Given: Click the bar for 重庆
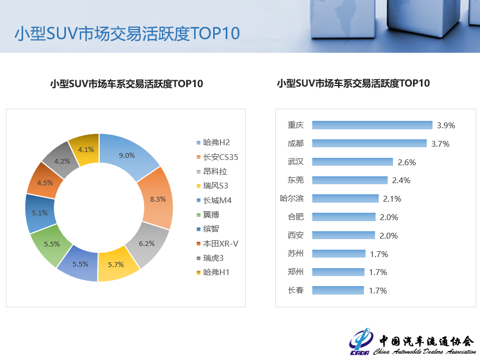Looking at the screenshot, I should pyautogui.click(x=372, y=125).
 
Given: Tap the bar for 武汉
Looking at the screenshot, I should pyautogui.click(x=352, y=162).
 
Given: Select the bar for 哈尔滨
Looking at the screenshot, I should pyautogui.click(x=345, y=198).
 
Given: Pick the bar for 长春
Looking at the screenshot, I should pyautogui.click(x=338, y=290).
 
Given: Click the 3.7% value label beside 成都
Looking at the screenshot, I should pyautogui.click(x=440, y=144).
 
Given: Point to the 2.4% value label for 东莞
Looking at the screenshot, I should pyautogui.click(x=401, y=181).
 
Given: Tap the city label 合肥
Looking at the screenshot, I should pyautogui.click(x=295, y=217).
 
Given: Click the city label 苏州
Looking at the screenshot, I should pyautogui.click(x=295, y=254).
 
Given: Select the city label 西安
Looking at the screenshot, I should pyautogui.click(x=295, y=235).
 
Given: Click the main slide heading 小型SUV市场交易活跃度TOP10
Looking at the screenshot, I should pyautogui.click(x=127, y=33).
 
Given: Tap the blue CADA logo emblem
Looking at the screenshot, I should pyautogui.click(x=361, y=342).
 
